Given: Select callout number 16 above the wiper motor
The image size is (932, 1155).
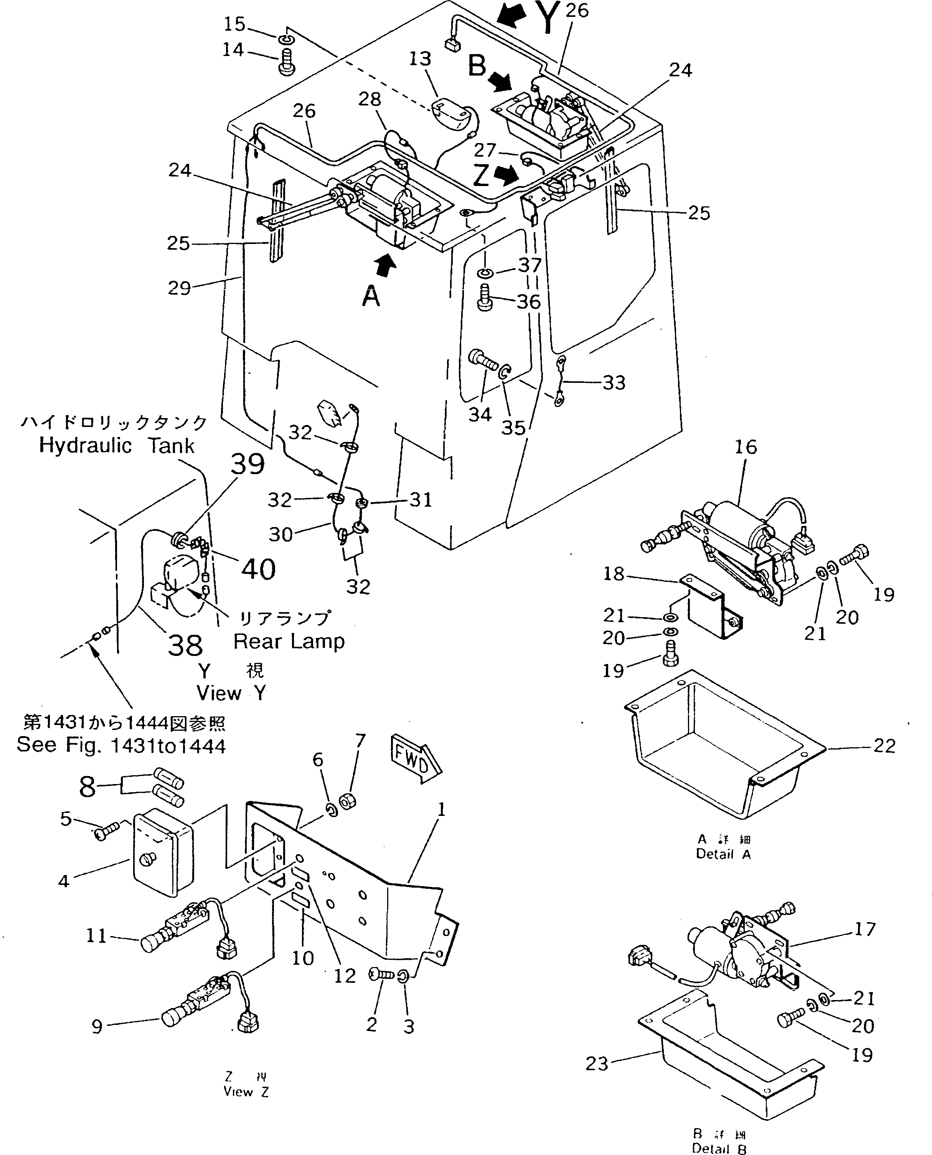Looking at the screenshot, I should point(745,447).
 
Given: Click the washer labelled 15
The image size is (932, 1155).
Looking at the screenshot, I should point(285,39).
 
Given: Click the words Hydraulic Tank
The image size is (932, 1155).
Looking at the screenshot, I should point(117,445).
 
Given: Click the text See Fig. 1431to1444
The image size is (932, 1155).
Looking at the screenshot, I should point(121,745).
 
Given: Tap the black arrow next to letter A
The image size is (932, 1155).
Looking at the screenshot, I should point(386,266).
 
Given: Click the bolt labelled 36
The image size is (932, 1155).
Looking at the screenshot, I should point(484,298).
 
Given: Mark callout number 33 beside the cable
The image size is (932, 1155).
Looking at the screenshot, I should point(614,383).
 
